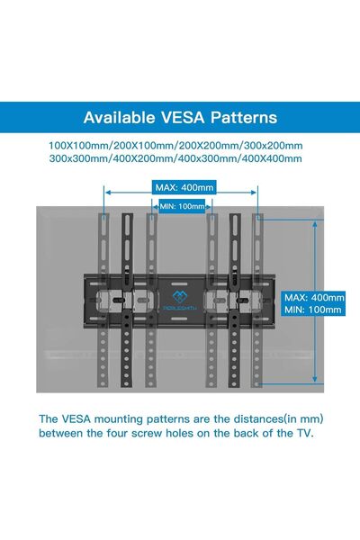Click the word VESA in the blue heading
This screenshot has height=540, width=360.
tap(183, 117)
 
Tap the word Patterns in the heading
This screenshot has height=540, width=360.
tap(244, 117)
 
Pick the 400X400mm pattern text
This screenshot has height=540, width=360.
tap(272, 158)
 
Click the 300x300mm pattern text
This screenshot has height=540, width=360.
tap(79, 158)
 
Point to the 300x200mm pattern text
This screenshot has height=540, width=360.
tap(273, 145)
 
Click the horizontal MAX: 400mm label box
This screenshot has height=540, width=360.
tap(184, 188)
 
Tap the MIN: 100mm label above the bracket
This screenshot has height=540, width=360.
tap(182, 207)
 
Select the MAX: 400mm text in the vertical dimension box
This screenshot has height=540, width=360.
tap(314, 297)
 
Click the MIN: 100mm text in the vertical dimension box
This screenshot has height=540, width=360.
tap(313, 310)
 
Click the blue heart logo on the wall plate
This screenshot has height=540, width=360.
tap(179, 296)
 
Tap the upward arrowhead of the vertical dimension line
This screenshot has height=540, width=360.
tap(314, 224)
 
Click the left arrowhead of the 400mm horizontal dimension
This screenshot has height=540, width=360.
tap(108, 193)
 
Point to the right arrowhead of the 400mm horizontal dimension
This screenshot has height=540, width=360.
tap(254, 193)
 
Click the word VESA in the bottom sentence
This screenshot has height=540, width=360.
tap(76, 419)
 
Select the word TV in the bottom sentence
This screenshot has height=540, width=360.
tap(304, 433)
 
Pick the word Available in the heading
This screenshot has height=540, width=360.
tap(119, 117)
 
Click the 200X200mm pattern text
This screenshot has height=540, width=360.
tap(208, 145)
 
